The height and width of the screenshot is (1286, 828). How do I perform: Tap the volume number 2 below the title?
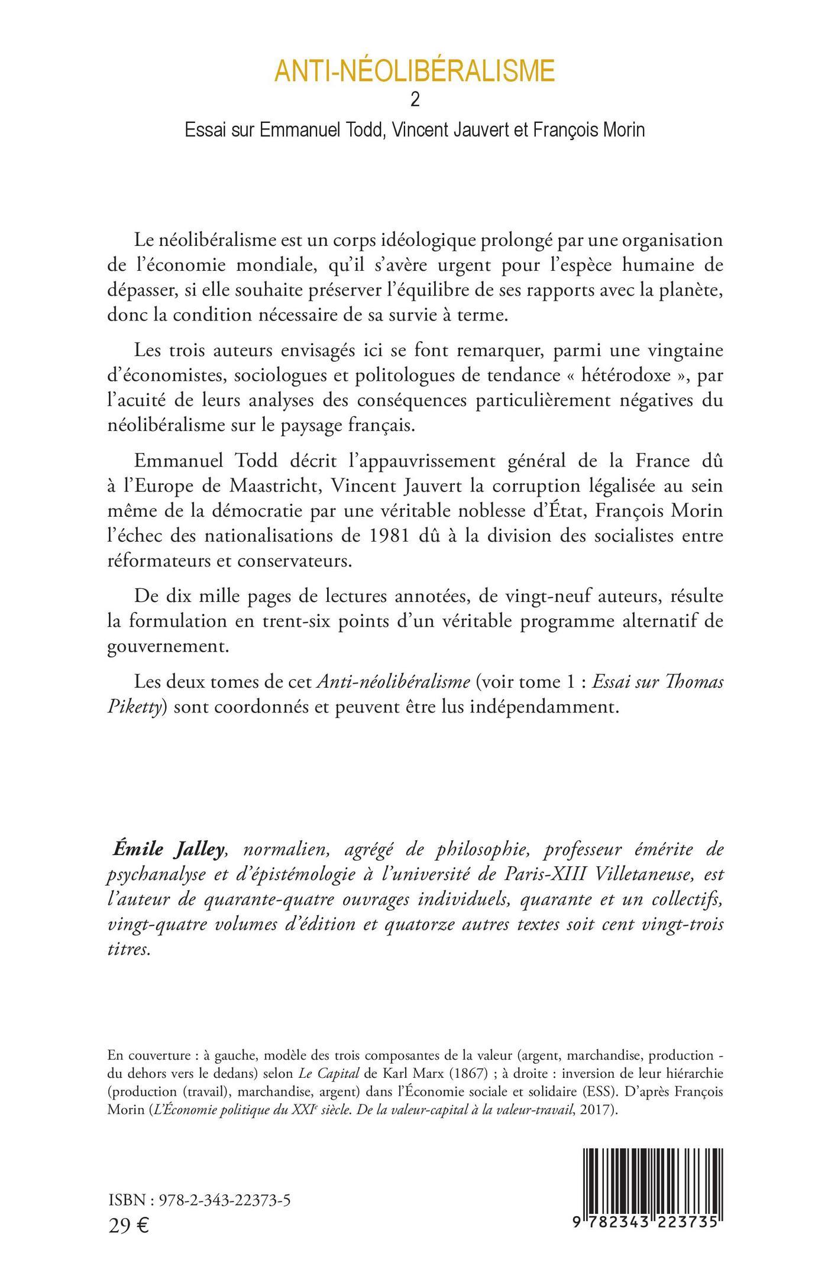(x=415, y=101)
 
